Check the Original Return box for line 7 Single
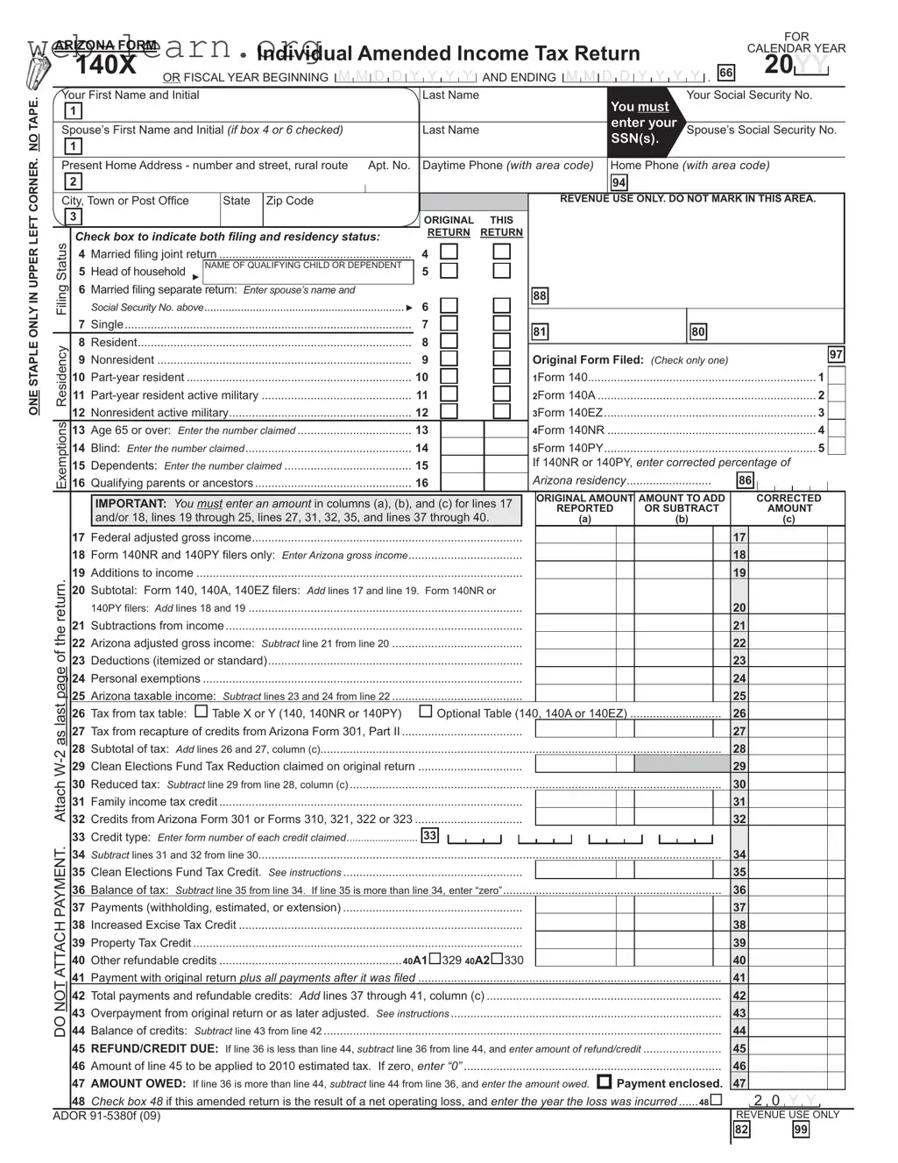449,323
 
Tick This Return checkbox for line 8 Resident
501,342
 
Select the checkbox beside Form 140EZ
837,412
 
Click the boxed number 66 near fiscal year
725,73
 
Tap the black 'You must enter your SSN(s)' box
644,123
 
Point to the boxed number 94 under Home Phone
619,182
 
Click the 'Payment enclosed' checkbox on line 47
605,1081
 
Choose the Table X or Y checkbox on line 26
202,712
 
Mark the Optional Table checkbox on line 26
426,712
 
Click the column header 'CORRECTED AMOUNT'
789,508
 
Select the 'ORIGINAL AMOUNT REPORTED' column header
584,508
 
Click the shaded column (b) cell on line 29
682,765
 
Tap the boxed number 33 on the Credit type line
429,835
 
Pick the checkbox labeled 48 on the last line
717,1100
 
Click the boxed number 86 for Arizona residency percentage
745,480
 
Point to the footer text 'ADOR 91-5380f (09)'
107,1116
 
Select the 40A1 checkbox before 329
435,959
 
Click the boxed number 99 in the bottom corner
800,1130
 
